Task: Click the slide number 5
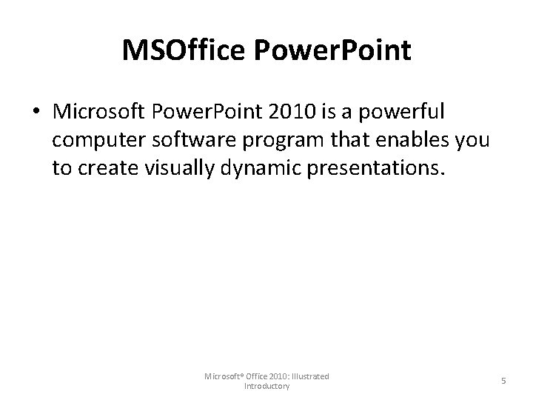point(503,381)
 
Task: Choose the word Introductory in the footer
point(266,386)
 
